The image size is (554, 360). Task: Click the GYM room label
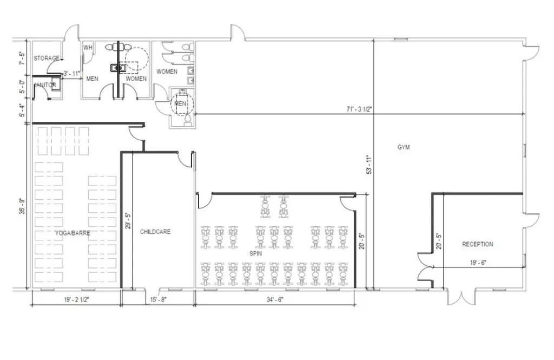pos(404,147)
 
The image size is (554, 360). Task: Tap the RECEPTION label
pos(478,244)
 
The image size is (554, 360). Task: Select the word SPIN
pos(256,253)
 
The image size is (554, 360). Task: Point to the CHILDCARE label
pos(155,232)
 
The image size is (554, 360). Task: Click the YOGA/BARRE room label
pos(73,233)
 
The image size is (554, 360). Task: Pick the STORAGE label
pos(47,58)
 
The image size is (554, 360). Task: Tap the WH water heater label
pos(88,48)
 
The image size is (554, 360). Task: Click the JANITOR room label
pos(45,85)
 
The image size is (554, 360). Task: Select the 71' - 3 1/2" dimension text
pos(359,109)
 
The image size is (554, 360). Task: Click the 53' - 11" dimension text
pos(370,165)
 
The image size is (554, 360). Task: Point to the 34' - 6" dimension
pos(275,299)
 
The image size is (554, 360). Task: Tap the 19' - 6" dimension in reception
pos(478,263)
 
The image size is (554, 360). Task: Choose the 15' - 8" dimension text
pos(159,299)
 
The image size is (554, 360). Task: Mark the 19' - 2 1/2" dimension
pos(76,299)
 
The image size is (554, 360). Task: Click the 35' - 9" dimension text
pos(22,207)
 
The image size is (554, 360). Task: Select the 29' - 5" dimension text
pos(128,221)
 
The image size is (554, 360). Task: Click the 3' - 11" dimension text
pos(72,74)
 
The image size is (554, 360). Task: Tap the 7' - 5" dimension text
pos(22,58)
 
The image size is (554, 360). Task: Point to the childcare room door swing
pos(184,160)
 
